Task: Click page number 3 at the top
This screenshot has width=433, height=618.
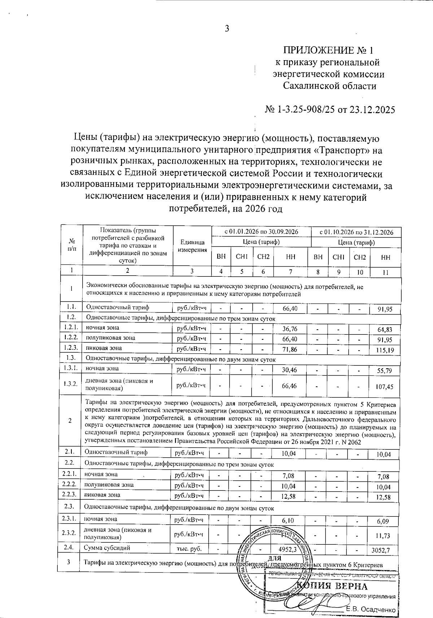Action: tap(227, 29)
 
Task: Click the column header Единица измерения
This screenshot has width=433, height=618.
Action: tap(192, 246)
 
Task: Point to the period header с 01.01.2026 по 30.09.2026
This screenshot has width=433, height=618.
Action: tap(261, 232)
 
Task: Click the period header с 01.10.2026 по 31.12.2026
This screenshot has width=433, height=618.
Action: tap(356, 232)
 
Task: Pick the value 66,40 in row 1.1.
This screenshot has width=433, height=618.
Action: tap(290, 308)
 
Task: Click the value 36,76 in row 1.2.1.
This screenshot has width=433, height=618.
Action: tap(290, 329)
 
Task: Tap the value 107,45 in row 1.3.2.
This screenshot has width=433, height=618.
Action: tap(384, 387)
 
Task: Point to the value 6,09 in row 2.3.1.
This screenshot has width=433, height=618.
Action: tap(383, 521)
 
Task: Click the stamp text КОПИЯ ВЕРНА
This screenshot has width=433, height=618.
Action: tap(332, 586)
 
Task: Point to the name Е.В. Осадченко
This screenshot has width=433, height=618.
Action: tap(371, 609)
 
